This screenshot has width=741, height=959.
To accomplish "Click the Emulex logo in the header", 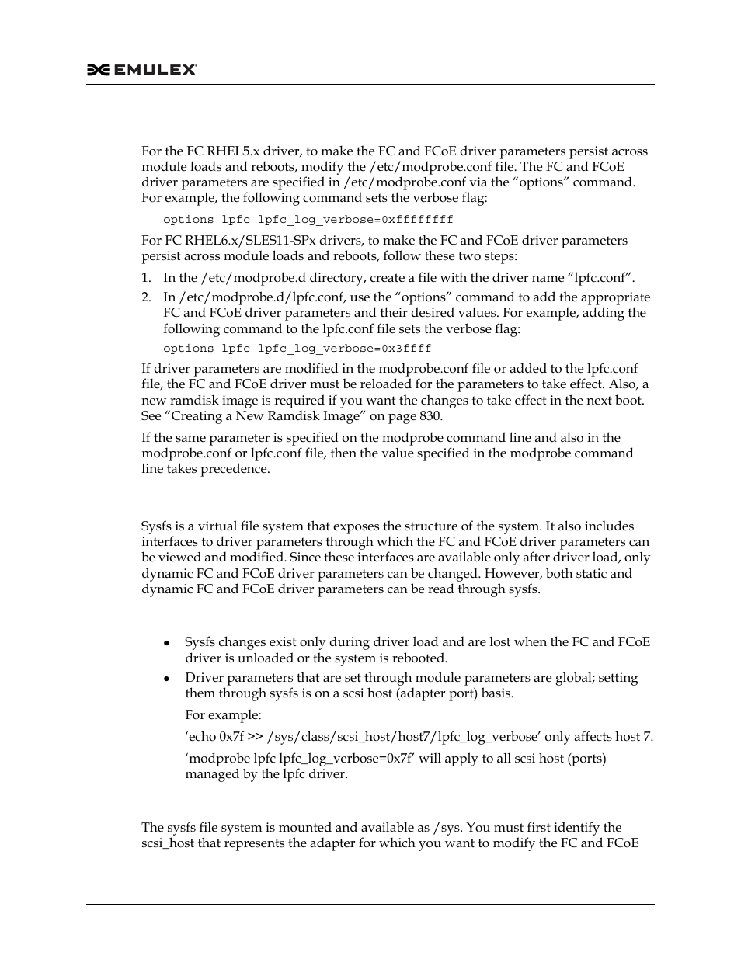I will click(x=141, y=70).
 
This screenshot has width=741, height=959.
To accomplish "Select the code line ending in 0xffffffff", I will click(x=308, y=220).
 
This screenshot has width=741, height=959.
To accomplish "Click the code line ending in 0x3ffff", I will click(x=297, y=349).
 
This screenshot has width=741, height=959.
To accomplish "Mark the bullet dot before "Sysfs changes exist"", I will click(x=167, y=643).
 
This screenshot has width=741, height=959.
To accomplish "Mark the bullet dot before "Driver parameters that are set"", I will click(x=167, y=679).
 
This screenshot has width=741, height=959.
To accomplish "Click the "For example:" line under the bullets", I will click(x=223, y=714).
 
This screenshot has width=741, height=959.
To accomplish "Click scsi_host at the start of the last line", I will click(x=168, y=843).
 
